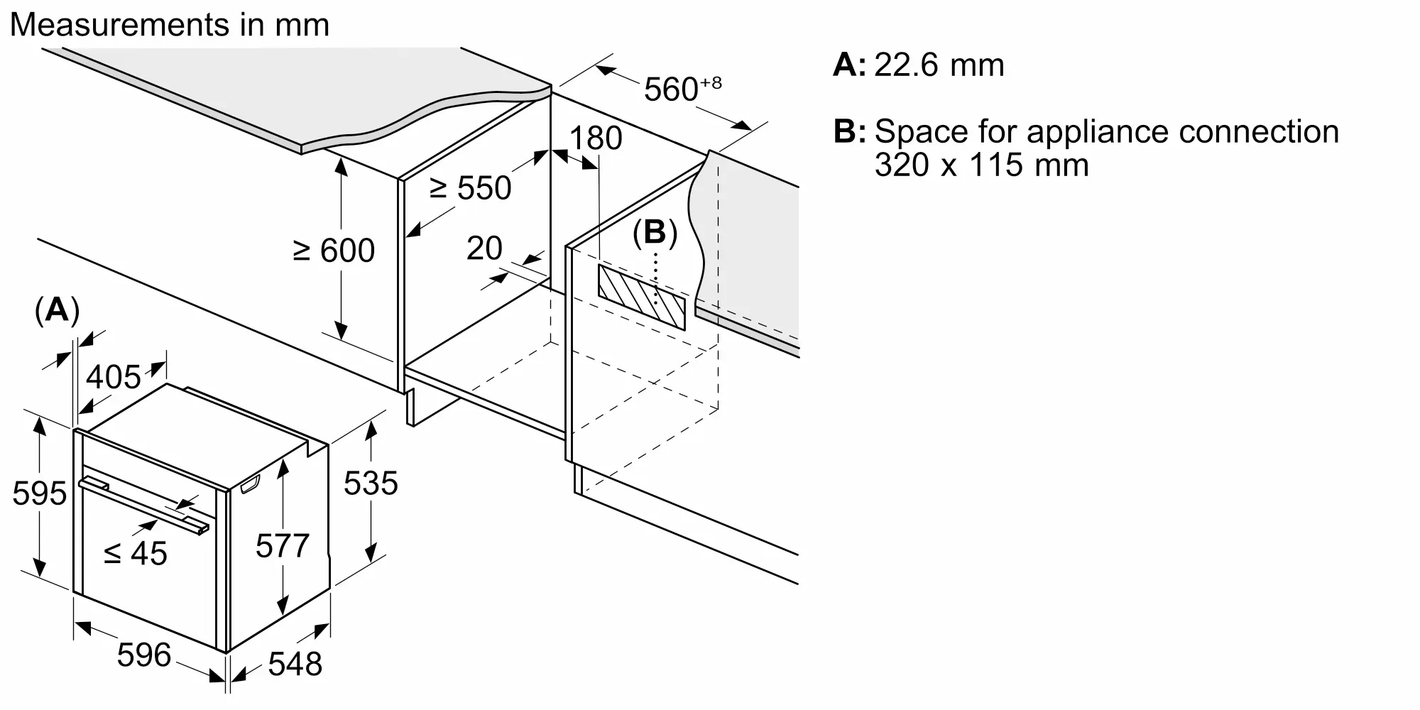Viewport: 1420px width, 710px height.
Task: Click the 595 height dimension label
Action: pos(40,493)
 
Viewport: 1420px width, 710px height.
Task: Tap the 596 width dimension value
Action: pos(144,655)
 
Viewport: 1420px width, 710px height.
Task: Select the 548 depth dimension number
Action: pos(295,664)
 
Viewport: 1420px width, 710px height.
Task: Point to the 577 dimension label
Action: pos(283,546)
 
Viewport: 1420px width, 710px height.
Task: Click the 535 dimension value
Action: pos(371,484)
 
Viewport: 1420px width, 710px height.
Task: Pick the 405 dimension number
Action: pos(114,377)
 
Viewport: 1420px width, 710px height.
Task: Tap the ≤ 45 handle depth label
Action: pos(136,554)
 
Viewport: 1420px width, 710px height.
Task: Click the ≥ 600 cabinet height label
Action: pos(334,251)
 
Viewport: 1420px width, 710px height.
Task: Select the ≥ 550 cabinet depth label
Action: pos(470,188)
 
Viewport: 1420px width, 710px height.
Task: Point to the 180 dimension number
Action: pos(596,138)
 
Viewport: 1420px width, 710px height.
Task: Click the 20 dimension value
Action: pos(484,248)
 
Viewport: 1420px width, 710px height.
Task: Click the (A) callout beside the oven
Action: pos(57,311)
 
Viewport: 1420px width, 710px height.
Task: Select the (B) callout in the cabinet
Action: pos(655,233)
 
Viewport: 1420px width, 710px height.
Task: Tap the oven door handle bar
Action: pos(144,506)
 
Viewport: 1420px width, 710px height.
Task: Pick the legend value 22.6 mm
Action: pos(939,65)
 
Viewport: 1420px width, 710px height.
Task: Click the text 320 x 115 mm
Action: pos(982,165)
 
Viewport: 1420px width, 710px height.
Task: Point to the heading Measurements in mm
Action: pos(170,25)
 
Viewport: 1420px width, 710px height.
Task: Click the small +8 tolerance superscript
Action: pos(711,83)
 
